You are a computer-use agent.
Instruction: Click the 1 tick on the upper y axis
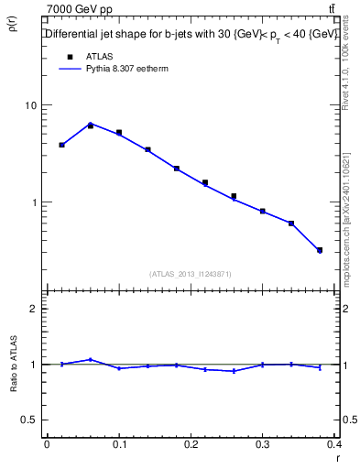(x=34, y=202)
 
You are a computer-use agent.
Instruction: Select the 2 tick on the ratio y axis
(x=34, y=309)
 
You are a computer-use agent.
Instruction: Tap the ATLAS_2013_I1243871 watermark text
(x=191, y=274)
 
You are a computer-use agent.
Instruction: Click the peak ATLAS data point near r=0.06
(x=90, y=125)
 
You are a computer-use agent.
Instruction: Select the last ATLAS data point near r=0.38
(x=320, y=250)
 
